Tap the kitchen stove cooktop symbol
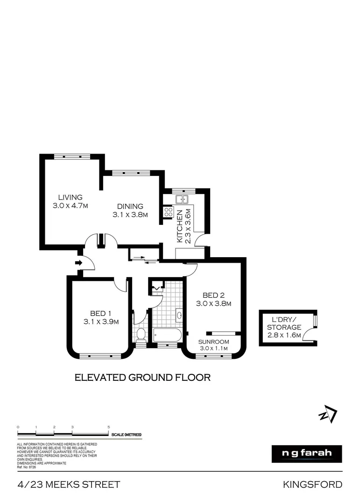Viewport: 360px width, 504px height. pyautogui.click(x=168, y=212)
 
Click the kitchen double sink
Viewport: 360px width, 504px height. pyautogui.click(x=182, y=199)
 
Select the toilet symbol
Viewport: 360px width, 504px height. pyautogui.click(x=141, y=334)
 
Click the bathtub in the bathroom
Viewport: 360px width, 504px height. pyautogui.click(x=167, y=335)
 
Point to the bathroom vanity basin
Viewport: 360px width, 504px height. pyautogui.click(x=179, y=315)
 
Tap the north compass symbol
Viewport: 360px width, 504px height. pyautogui.click(x=328, y=414)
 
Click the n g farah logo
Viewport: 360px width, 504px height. pyautogui.click(x=307, y=454)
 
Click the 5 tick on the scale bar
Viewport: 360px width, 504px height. pyautogui.click(x=109, y=427)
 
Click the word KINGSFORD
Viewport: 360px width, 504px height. pyautogui.click(x=312, y=485)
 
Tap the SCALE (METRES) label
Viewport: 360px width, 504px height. pyautogui.click(x=126, y=435)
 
